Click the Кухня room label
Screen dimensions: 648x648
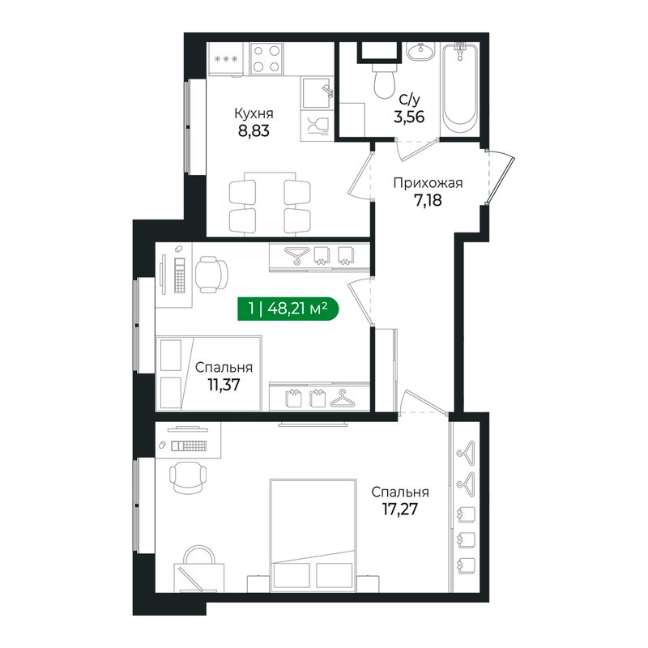pyautogui.click(x=254, y=113)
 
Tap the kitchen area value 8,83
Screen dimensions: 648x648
pyautogui.click(x=254, y=131)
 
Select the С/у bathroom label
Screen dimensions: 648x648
pyautogui.click(x=409, y=100)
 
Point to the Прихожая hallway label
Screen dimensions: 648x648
pyautogui.click(x=428, y=183)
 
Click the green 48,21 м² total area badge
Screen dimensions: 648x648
pyautogui.click(x=288, y=309)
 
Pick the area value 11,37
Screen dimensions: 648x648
pyautogui.click(x=224, y=385)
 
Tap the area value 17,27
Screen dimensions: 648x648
pyautogui.click(x=399, y=509)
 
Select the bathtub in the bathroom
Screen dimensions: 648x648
pyautogui.click(x=459, y=85)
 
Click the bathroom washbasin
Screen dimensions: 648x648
pyautogui.click(x=420, y=51)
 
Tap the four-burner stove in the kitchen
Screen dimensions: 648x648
pyautogui.click(x=266, y=58)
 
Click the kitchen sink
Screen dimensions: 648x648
pyautogui.click(x=317, y=92)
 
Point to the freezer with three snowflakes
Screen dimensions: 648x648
pyautogui.click(x=225, y=59)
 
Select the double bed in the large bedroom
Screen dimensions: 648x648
pyautogui.click(x=313, y=535)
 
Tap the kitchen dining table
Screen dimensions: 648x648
pyautogui.click(x=270, y=204)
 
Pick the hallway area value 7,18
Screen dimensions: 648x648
pyautogui.click(x=428, y=200)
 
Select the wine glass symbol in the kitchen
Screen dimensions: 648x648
pyautogui.click(x=317, y=126)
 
